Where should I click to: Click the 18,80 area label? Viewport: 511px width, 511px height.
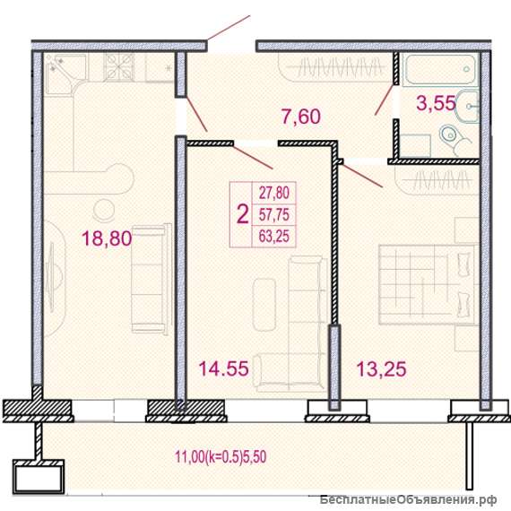tap(107, 238)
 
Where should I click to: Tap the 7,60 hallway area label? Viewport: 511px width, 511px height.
tap(301, 117)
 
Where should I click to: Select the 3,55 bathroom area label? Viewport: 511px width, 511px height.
tap(436, 103)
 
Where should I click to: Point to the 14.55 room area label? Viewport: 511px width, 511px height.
tap(223, 368)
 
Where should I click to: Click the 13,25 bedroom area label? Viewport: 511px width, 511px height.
tap(382, 368)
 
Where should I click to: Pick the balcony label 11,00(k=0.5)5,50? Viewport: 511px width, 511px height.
tap(221, 456)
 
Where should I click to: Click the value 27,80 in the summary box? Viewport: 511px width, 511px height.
tap(274, 193)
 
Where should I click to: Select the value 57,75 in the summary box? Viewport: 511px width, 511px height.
tap(274, 215)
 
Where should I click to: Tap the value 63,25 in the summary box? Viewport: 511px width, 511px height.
tap(274, 237)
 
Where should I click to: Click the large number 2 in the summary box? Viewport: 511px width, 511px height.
tap(242, 215)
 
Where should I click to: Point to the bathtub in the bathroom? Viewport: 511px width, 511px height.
tap(439, 69)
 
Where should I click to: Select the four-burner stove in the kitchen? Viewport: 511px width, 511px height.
tap(118, 67)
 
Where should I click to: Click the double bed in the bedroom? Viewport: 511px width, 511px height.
tap(428, 284)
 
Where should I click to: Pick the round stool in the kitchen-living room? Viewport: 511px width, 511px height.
tap(104, 210)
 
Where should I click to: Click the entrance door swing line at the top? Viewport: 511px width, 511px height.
tap(229, 28)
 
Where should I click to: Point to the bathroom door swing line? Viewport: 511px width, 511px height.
tap(385, 100)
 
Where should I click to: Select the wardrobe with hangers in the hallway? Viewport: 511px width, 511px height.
tap(335, 68)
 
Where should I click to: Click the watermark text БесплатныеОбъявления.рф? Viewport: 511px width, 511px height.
tap(409, 499)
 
